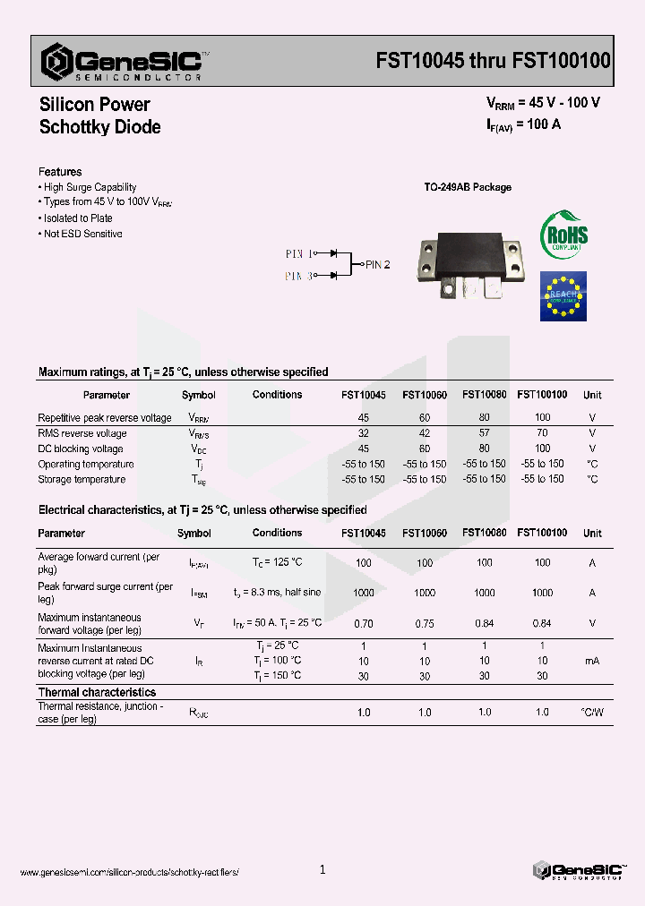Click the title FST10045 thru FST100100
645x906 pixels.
click(493, 61)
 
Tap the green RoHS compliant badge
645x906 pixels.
click(563, 235)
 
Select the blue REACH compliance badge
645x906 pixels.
click(563, 295)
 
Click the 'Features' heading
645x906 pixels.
click(60, 172)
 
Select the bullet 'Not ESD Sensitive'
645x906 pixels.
click(82, 234)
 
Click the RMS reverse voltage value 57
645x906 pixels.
click(484, 433)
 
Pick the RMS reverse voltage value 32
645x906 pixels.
click(363, 433)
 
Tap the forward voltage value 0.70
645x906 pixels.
click(363, 623)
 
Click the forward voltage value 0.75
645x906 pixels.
click(425, 623)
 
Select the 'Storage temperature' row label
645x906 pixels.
click(82, 480)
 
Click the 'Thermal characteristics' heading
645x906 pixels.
click(97, 692)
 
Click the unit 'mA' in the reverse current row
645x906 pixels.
click(592, 661)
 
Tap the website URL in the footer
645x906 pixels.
click(130, 872)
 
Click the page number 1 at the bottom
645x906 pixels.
click(322, 869)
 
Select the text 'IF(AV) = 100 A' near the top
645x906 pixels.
click(524, 125)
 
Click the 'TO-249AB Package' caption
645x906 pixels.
click(467, 187)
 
